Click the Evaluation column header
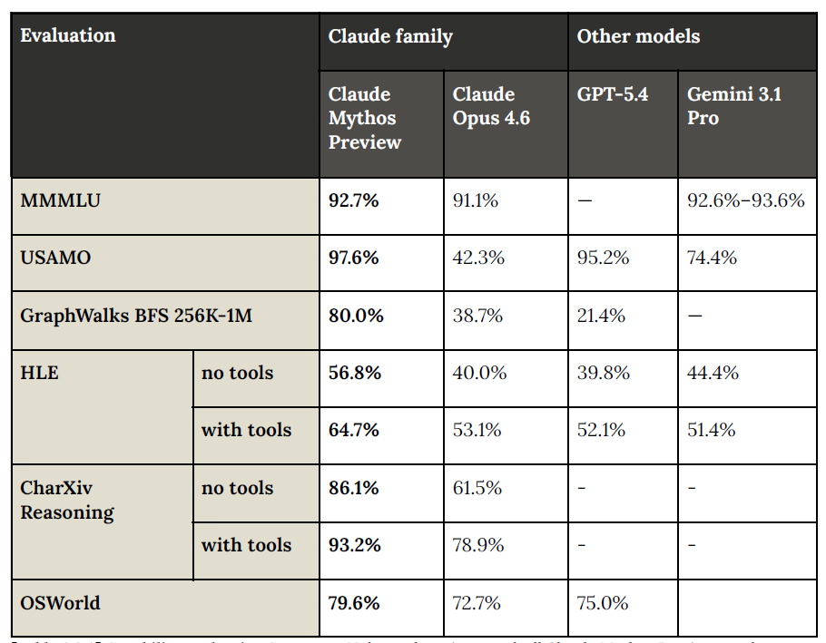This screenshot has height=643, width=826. pyautogui.click(x=68, y=36)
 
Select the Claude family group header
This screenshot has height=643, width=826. pyautogui.click(x=390, y=36)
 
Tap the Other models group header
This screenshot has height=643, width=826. pyautogui.click(x=638, y=36)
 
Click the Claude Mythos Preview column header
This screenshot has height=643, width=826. pyautogui.click(x=365, y=118)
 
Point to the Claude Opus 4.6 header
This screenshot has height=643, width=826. pyautogui.click(x=491, y=106)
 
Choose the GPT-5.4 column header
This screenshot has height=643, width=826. pyautogui.click(x=613, y=94)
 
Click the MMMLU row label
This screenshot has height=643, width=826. pyautogui.click(x=60, y=200)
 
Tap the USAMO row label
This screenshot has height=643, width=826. pyautogui.click(x=56, y=258)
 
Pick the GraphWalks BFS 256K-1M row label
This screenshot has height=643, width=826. pyautogui.click(x=136, y=316)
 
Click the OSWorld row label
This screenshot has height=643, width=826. pyautogui.click(x=60, y=603)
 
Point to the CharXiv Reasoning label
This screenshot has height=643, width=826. pyautogui.click(x=67, y=500)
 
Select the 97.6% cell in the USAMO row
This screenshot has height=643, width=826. pyautogui.click(x=354, y=258)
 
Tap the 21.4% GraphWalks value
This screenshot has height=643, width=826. pyautogui.click(x=603, y=316)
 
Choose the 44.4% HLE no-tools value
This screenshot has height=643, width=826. pyautogui.click(x=713, y=373)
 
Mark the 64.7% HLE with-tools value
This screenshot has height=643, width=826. pyautogui.click(x=354, y=430)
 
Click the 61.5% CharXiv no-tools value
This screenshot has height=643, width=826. pyautogui.click(x=477, y=488)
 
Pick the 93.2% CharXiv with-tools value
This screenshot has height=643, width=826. pyautogui.click(x=354, y=545)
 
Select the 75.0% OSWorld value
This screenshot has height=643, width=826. pyautogui.click(x=603, y=603)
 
